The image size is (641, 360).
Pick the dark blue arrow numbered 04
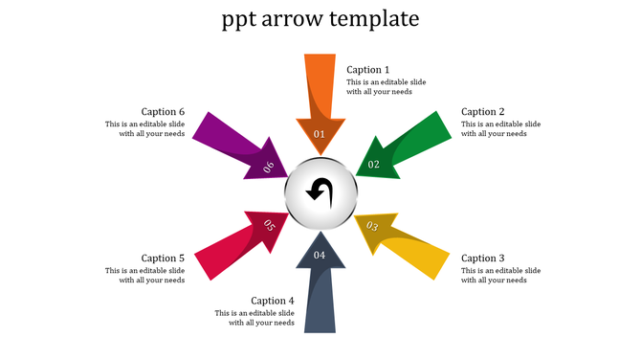click(320, 292)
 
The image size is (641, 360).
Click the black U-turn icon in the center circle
click(320, 192)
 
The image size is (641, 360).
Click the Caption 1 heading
click(367, 70)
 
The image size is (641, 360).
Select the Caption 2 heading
click(482, 112)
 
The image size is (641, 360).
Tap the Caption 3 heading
click(482, 259)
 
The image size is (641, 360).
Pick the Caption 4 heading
click(273, 301)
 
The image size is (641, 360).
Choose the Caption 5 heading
click(163, 259)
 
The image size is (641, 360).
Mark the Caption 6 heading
click(163, 112)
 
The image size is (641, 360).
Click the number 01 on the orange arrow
click(320, 134)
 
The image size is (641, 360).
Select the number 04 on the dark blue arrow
click(320, 255)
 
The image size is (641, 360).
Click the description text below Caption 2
click(500, 129)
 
